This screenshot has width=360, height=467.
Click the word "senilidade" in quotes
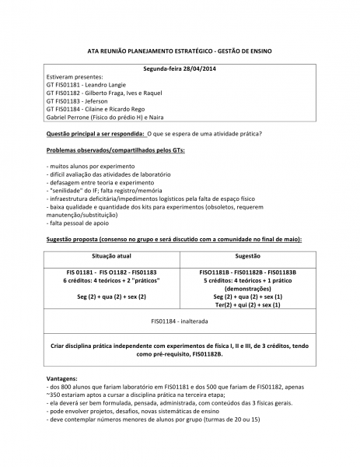69,189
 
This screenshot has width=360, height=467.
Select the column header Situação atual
112,255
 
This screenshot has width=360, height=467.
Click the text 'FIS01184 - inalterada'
180,321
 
